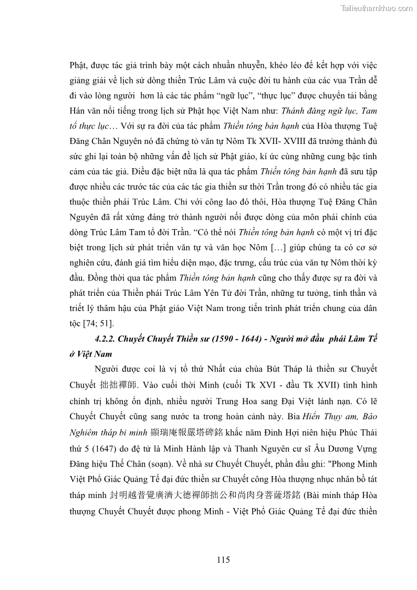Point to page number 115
[223, 559]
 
